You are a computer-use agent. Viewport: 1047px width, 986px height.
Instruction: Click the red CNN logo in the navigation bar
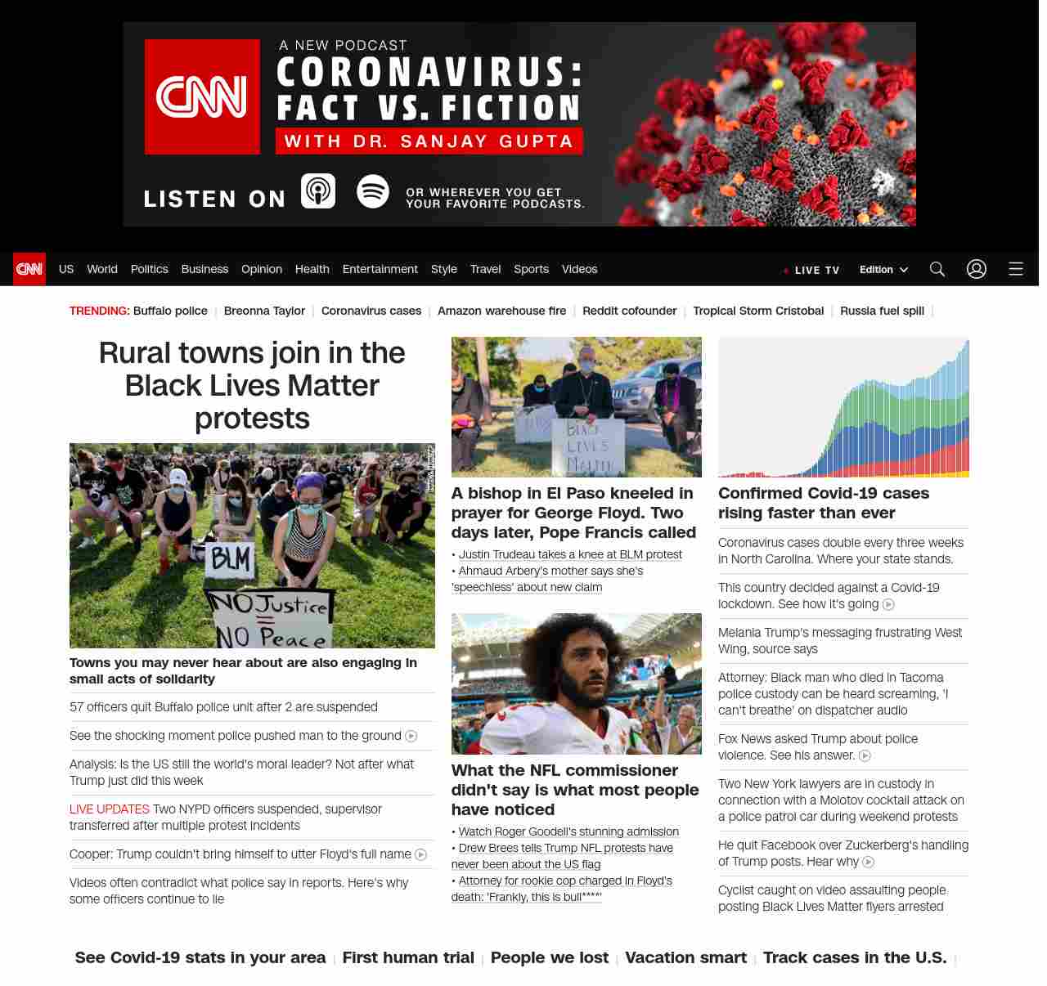coord(29,269)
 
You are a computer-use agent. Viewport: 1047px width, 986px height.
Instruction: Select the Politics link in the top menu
coord(149,269)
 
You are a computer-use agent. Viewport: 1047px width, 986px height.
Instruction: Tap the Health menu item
coord(312,269)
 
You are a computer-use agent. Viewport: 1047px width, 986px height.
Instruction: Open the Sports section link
coord(531,269)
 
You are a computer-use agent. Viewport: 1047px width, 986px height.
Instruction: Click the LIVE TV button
coord(812,270)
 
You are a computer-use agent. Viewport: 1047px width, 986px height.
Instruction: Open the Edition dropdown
coord(883,270)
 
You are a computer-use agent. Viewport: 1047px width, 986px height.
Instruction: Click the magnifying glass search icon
coord(937,269)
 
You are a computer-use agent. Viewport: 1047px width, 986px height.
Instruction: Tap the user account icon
coord(977,269)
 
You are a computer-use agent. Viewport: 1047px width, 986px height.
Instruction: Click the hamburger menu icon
coord(1016,269)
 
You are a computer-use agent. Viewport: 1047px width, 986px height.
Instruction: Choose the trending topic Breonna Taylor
coord(264,311)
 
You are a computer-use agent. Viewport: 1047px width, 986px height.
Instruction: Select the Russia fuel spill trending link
coord(882,311)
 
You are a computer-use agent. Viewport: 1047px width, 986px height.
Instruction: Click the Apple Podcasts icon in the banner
coord(318,191)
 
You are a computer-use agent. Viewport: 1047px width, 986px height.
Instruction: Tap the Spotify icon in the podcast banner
coord(373,191)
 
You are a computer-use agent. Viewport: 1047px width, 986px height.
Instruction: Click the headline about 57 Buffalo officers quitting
coord(223,707)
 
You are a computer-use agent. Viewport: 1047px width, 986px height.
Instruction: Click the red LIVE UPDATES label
coord(110,809)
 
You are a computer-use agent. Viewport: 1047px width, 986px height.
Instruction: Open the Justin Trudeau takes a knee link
coord(570,554)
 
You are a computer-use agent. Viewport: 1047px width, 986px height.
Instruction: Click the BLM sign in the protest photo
coord(231,561)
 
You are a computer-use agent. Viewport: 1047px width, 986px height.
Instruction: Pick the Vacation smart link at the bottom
coord(685,957)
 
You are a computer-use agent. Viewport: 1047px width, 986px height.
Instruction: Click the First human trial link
coord(408,957)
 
